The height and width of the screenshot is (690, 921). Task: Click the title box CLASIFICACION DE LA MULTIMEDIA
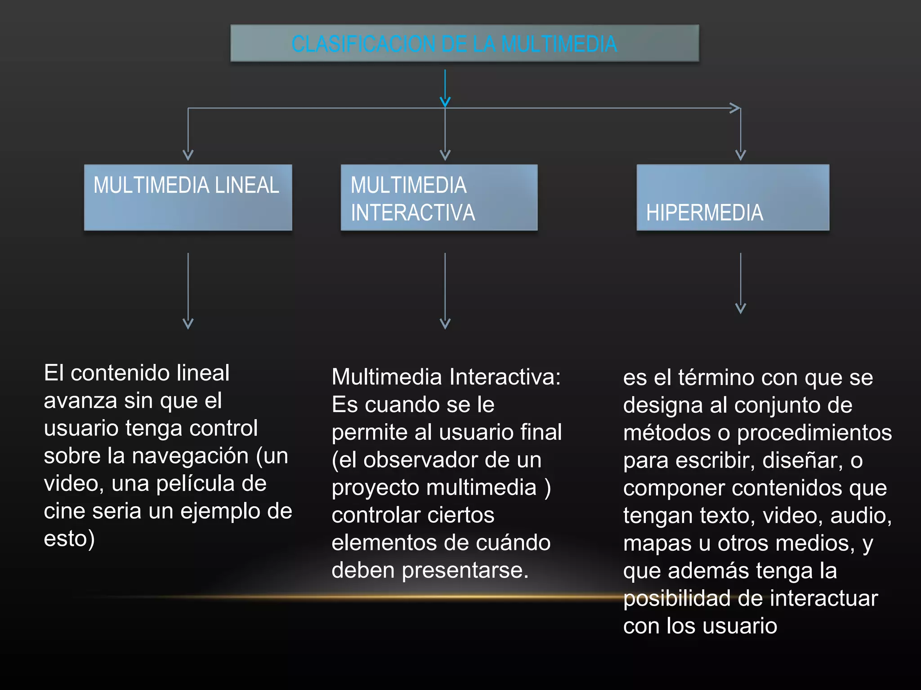[x=464, y=43]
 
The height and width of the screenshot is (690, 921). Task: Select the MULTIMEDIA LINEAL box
[x=188, y=198]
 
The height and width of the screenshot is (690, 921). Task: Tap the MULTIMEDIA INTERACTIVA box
[x=439, y=198]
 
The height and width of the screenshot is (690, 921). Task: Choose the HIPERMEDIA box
[x=733, y=198]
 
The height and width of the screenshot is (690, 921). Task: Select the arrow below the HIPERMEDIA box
[x=740, y=283]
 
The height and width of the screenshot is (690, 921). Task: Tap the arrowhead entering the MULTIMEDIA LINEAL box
[x=188, y=155]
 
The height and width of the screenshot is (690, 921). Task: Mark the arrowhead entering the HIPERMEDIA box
[x=740, y=155]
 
